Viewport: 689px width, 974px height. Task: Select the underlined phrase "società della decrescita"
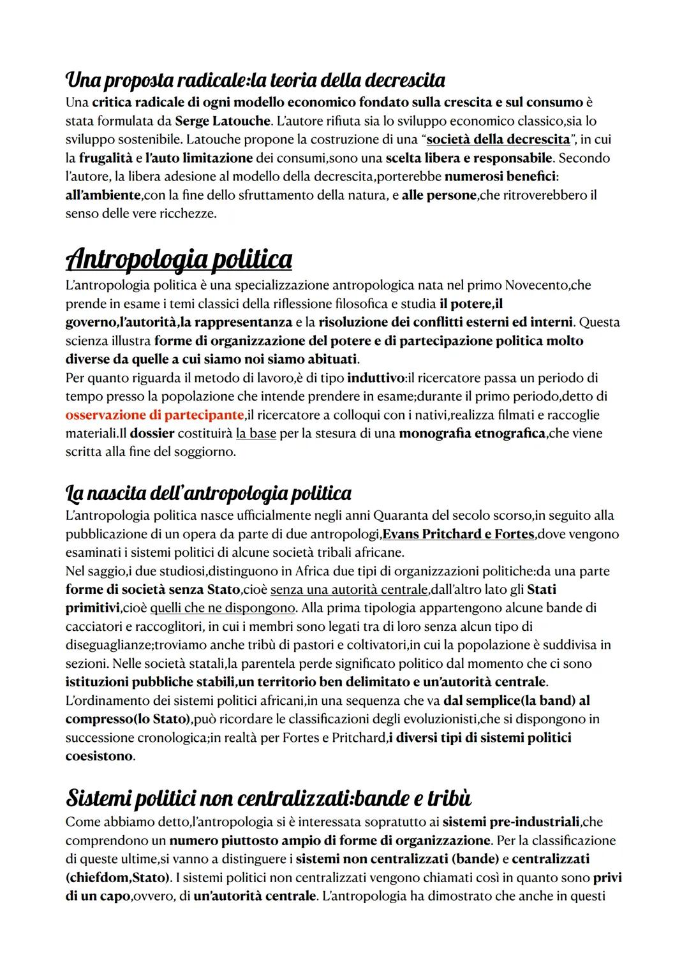tap(498, 139)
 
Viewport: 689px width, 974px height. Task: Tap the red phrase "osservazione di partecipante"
tap(154, 415)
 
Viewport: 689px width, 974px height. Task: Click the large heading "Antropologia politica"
tap(179, 259)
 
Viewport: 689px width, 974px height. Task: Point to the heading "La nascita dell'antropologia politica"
tap(208, 493)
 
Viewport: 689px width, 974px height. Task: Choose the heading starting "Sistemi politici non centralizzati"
tap(269, 798)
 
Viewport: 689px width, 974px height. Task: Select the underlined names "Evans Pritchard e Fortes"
tap(457, 534)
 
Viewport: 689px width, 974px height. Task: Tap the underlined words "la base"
tap(256, 434)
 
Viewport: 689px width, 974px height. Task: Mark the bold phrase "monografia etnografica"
tap(471, 434)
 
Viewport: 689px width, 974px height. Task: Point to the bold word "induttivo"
tap(376, 378)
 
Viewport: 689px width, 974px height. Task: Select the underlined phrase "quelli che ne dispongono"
tap(223, 608)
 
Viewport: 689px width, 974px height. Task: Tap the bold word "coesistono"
tap(99, 756)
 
